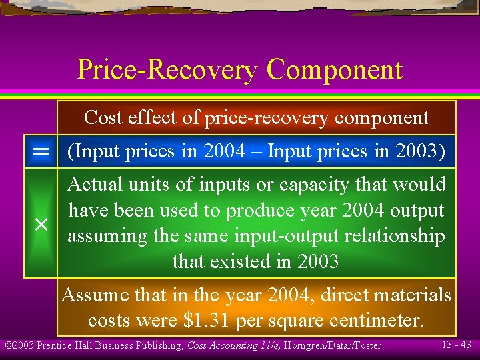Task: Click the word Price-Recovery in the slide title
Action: point(167,70)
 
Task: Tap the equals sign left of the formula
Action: point(41,152)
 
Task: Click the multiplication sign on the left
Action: point(41,225)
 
